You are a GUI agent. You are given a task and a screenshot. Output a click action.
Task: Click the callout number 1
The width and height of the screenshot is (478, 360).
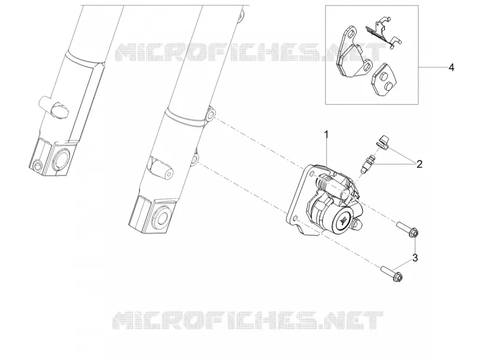[x=326, y=134]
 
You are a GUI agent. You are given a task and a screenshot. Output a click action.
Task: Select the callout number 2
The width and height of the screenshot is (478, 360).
[x=419, y=164]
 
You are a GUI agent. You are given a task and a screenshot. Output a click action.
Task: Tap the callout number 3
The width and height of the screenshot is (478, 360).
[x=415, y=258]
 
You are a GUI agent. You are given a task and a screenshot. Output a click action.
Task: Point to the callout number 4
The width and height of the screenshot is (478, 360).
[x=452, y=68]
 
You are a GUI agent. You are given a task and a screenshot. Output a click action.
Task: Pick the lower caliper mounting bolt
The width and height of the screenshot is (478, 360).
[x=391, y=273]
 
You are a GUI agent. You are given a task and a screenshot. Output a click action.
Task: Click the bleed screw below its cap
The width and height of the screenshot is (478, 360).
[x=367, y=164]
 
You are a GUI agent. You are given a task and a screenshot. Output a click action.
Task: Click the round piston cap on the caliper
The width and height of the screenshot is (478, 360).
[x=344, y=219]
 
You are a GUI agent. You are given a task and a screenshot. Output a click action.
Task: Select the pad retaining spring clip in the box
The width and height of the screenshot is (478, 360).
[x=382, y=33]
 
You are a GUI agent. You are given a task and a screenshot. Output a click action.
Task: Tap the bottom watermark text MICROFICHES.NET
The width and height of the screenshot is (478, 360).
[x=247, y=321]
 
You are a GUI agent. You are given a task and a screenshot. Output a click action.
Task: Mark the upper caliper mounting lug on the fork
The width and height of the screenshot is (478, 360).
[x=210, y=114]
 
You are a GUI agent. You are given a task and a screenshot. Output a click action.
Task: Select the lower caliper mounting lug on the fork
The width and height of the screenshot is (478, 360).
[x=195, y=159]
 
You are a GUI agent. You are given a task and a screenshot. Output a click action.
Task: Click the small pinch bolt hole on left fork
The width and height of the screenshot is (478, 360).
[x=37, y=164]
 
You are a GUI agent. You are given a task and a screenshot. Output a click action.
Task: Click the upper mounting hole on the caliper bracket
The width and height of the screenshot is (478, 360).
[x=312, y=173]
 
